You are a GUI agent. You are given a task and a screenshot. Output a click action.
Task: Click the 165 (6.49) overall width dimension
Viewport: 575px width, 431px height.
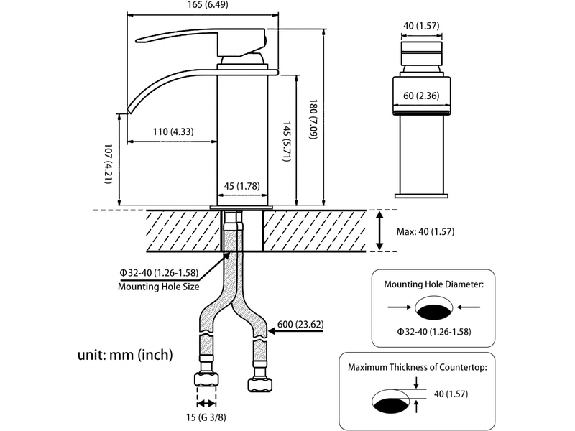click(208, 5)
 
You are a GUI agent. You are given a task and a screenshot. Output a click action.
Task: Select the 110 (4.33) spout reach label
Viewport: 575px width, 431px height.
click(173, 131)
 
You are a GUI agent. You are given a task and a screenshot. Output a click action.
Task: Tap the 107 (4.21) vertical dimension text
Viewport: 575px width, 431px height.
click(109, 164)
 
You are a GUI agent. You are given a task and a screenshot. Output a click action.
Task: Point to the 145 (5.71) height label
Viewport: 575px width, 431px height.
click(287, 142)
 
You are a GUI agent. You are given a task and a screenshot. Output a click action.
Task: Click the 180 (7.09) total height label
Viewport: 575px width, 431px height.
click(313, 119)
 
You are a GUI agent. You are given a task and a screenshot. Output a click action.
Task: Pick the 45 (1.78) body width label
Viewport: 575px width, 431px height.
click(242, 186)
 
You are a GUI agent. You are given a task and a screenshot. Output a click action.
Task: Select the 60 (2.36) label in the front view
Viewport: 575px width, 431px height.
click(421, 96)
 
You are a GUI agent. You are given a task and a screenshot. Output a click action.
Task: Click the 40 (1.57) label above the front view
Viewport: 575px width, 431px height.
click(421, 26)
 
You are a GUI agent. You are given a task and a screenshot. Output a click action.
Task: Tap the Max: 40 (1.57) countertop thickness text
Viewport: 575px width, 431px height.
click(425, 231)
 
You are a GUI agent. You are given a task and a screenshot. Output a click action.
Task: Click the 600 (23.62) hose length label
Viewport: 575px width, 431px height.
click(300, 325)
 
